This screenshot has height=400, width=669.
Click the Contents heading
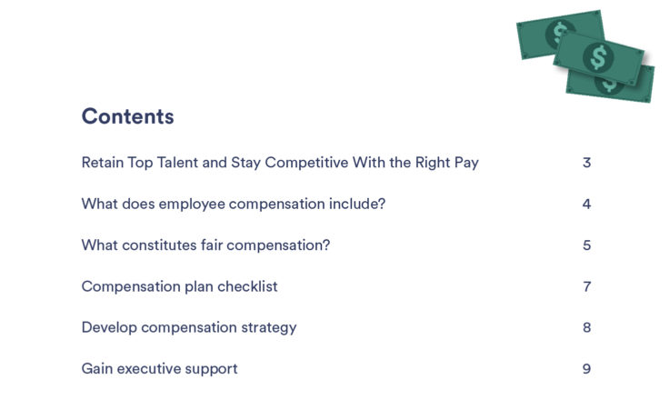[127, 116]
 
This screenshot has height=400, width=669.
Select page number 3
[586, 163]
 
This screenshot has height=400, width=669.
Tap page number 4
[586, 204]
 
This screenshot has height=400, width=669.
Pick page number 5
[586, 245]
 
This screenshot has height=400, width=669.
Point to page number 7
[587, 286]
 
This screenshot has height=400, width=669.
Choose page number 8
[586, 327]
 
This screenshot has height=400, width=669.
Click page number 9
[586, 369]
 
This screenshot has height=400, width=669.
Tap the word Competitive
[306, 163]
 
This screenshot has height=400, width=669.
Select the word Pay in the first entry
[466, 164]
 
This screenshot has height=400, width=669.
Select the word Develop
[109, 328]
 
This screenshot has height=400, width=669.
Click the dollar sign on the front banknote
[598, 57]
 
